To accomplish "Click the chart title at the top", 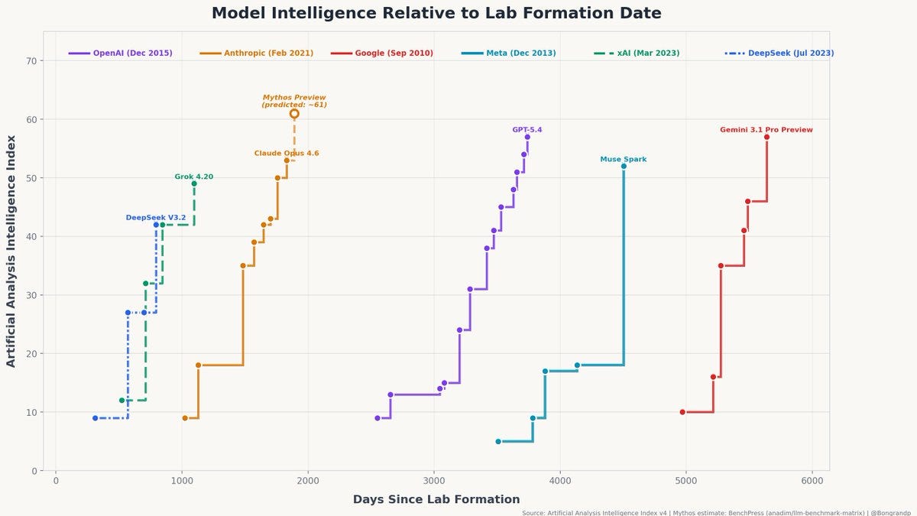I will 436,13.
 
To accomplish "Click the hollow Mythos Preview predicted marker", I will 294,114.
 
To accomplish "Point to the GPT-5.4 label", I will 527,130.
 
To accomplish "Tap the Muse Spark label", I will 624,160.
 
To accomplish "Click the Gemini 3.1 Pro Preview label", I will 766,130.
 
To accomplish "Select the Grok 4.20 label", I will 194,177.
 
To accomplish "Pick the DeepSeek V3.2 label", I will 156,218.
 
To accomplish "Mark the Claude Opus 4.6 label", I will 287,154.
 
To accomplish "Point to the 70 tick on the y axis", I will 32,61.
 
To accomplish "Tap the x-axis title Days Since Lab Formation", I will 436,499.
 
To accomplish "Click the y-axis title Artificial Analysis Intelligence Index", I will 11,251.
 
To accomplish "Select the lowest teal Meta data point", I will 498,442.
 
